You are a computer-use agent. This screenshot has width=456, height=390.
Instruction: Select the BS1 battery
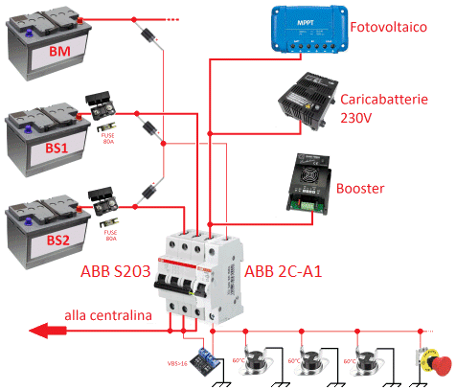point(43,134)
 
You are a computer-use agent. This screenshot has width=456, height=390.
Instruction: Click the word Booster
point(362,188)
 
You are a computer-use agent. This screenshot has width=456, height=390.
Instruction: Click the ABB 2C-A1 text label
point(285,272)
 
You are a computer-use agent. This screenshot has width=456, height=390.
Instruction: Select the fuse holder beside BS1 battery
point(102,104)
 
